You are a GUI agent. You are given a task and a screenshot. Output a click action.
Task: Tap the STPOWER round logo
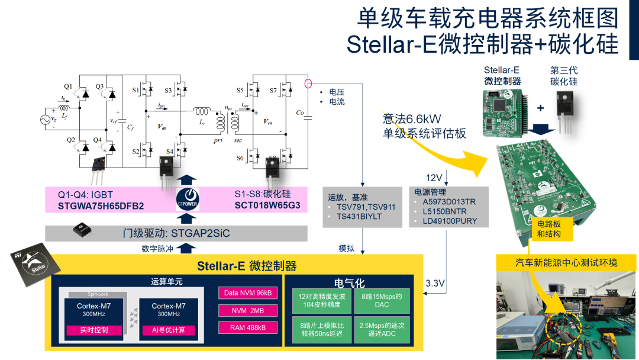(188, 198)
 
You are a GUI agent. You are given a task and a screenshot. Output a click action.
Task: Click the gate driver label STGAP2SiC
(172, 233)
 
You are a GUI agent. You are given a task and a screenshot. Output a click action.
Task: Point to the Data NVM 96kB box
(248, 293)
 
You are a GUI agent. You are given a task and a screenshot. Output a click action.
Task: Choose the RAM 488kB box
(248, 327)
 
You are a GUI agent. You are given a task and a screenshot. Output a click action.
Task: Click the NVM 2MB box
(248, 310)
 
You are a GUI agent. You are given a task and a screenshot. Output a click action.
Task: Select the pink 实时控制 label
(94, 330)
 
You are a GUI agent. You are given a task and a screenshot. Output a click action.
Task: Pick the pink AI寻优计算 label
(168, 330)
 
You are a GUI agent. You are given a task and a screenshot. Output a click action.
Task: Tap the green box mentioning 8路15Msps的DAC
(382, 301)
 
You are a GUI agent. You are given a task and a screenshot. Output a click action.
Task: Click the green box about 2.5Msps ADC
(382, 329)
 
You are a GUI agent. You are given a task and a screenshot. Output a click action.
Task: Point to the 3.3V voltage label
(435, 284)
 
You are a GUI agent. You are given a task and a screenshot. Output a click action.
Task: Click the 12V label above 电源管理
(435, 178)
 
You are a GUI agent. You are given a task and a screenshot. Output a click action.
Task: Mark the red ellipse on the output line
(308, 83)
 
